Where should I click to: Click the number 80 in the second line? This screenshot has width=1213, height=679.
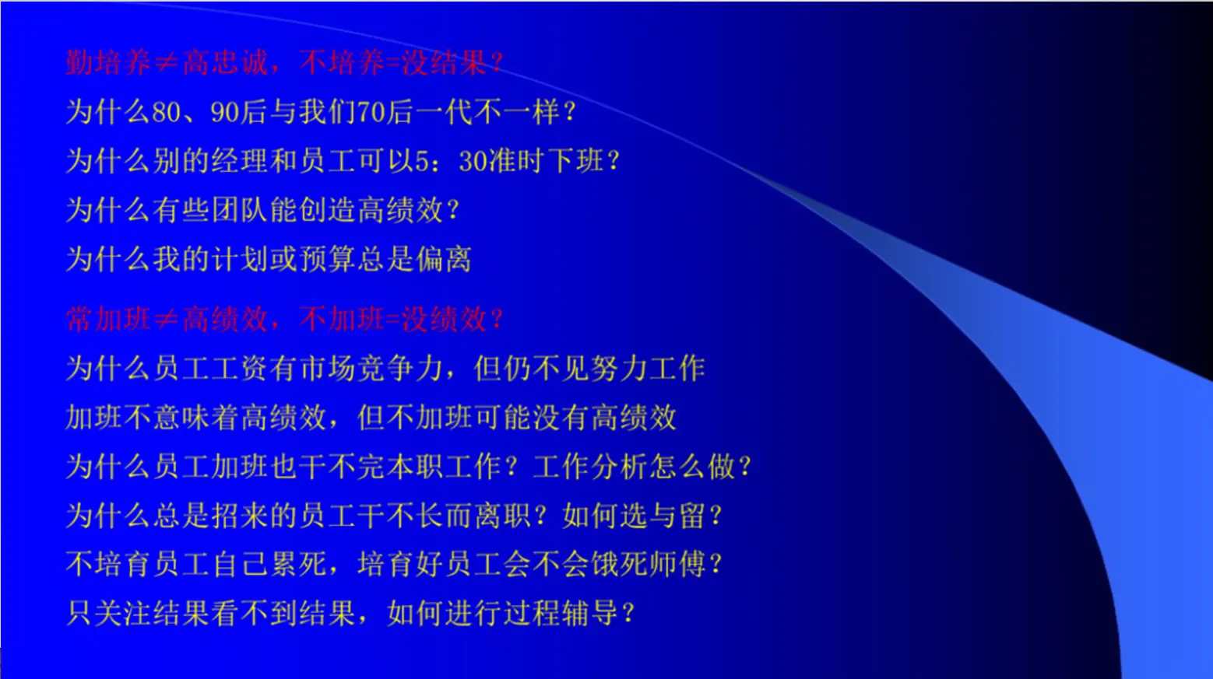(166, 113)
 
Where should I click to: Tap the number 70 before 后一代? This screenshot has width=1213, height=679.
(371, 113)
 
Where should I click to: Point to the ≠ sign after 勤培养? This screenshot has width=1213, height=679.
(166, 63)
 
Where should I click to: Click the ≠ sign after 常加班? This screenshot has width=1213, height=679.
(166, 320)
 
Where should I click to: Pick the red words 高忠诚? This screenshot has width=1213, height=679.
(224, 63)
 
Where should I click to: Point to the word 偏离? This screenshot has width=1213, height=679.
(444, 259)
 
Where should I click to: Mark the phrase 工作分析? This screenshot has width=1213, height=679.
(590, 467)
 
